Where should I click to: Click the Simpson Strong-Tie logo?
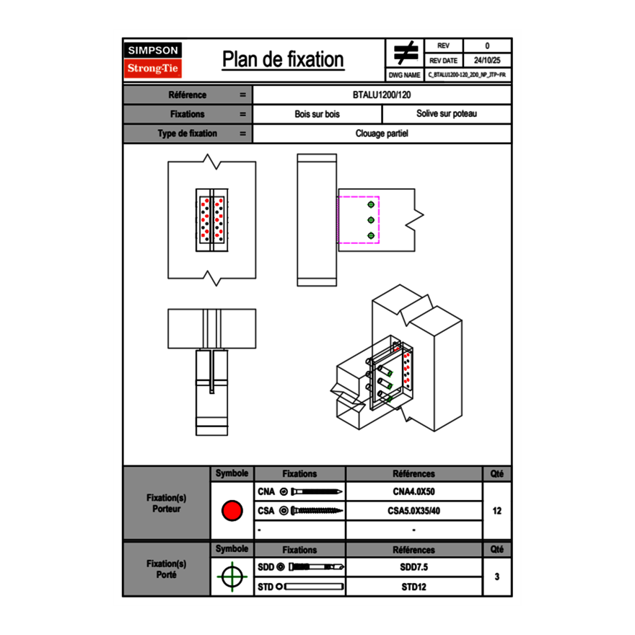click(x=154, y=60)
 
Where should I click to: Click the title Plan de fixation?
click(x=283, y=60)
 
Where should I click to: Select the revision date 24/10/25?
click(x=487, y=60)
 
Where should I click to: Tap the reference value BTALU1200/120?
click(x=382, y=95)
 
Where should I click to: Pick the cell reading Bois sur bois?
click(x=317, y=114)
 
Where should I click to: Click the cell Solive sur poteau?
click(x=446, y=114)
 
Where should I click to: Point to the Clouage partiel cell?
click(x=382, y=133)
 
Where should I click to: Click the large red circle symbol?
click(x=232, y=511)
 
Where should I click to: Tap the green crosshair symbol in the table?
click(x=232, y=577)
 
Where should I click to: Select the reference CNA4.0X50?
click(x=413, y=492)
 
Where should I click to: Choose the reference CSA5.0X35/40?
click(x=413, y=511)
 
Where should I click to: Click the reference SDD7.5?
click(x=413, y=567)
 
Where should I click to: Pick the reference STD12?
click(x=413, y=587)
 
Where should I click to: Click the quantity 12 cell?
click(x=496, y=511)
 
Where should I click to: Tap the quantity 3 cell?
click(x=496, y=577)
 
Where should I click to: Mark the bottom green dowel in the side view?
click(x=371, y=236)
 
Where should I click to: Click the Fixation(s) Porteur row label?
click(x=167, y=503)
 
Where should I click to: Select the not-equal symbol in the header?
click(x=406, y=53)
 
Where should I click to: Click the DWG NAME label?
click(x=405, y=74)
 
